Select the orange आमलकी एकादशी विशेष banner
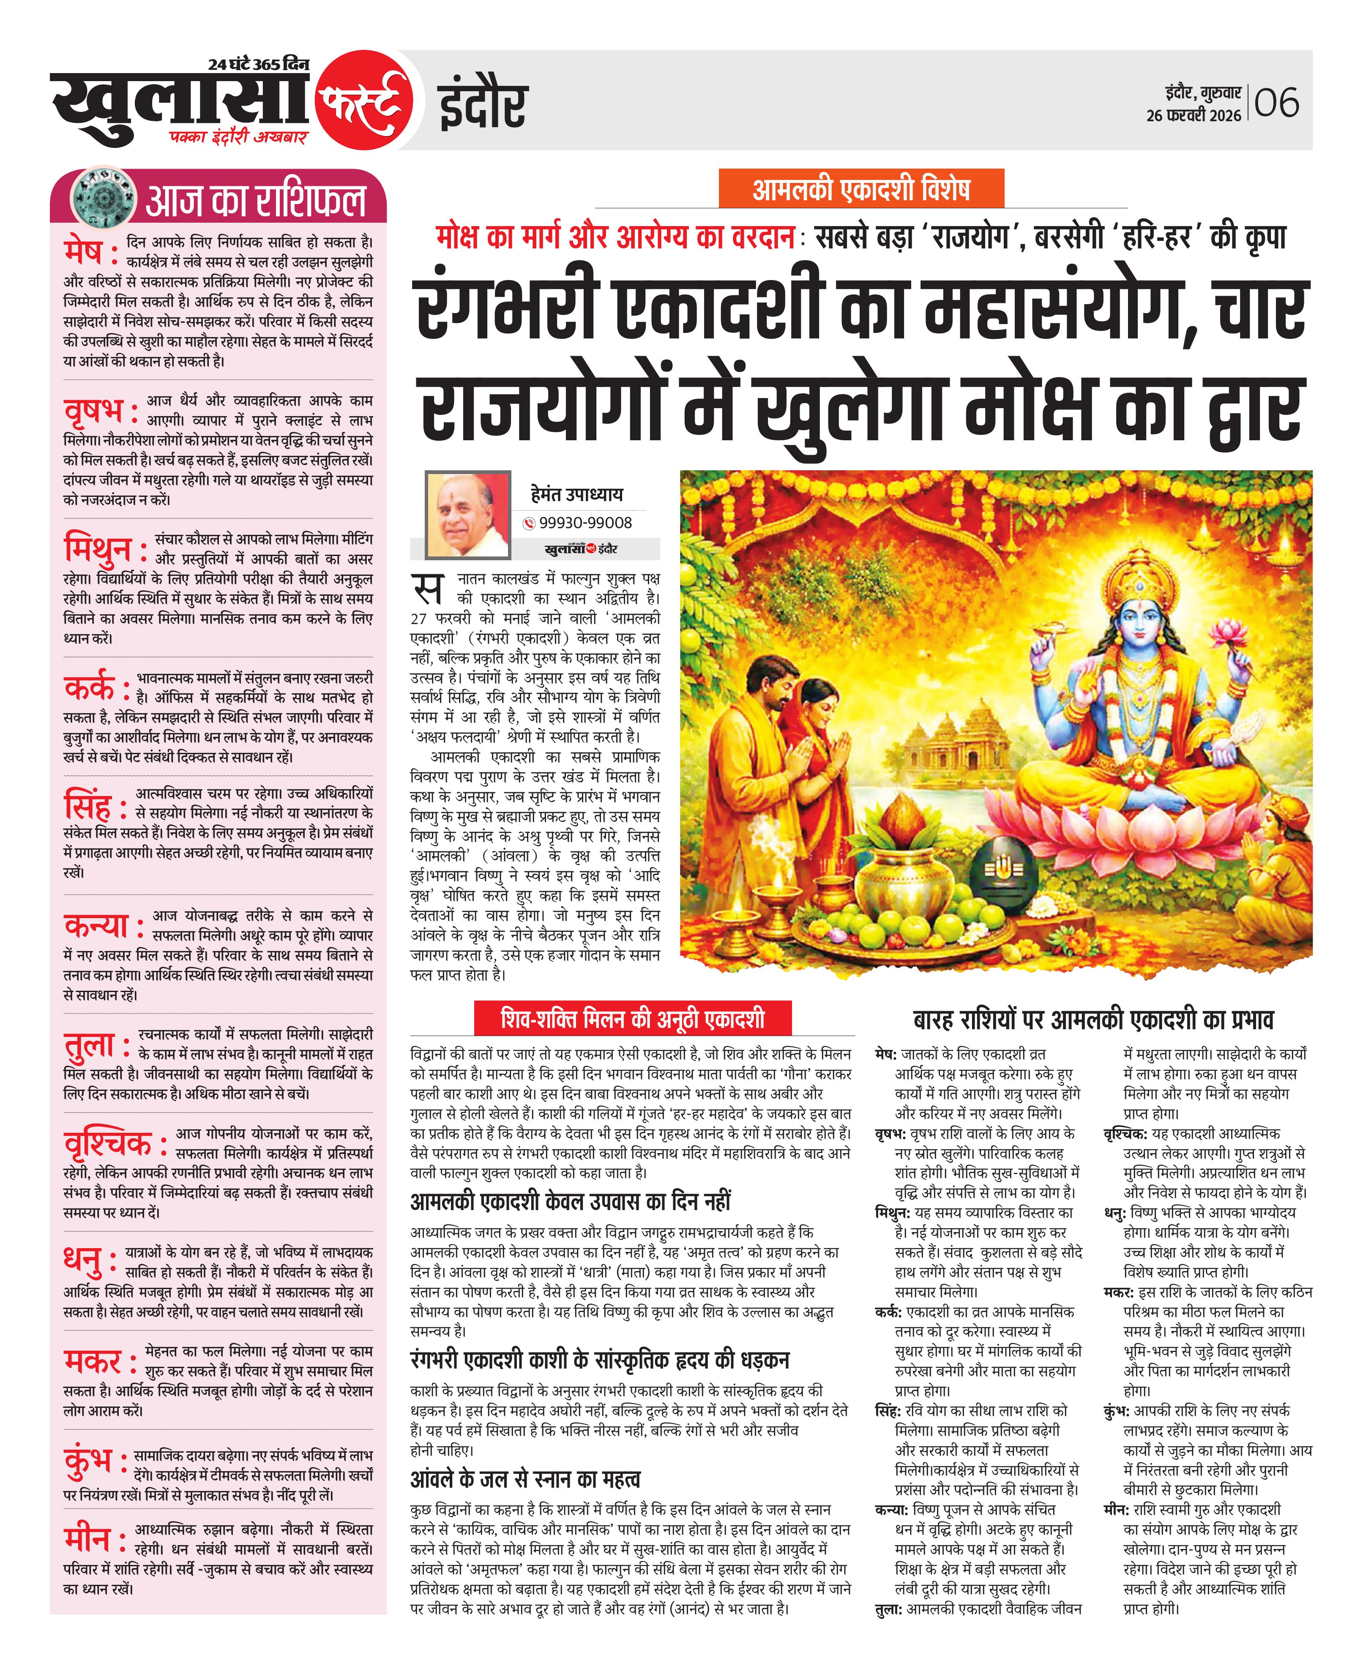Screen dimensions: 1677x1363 coord(861,189)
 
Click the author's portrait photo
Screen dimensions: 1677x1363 coord(467,514)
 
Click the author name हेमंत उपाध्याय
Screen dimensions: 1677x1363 coord(576,494)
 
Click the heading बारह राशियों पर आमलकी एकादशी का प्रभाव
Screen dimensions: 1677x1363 coord(1093,1020)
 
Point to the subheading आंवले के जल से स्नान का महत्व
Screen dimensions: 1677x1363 coord(525,1479)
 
